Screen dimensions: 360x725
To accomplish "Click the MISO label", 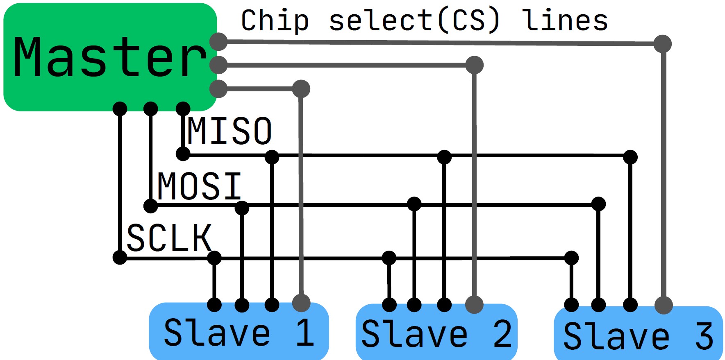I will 230,131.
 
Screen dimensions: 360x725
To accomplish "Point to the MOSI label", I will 200,186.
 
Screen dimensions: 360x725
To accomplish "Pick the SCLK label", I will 169,238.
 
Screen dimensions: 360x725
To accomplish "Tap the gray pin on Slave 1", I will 301,303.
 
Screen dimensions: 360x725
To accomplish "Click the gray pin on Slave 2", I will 474,305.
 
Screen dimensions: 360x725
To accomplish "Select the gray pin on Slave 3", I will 664,305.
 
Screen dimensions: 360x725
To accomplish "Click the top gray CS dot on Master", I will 218,41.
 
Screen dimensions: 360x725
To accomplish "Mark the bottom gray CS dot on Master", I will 218,89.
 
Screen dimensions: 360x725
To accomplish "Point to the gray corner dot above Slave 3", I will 662,44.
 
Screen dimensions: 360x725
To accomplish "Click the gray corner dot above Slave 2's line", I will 475,65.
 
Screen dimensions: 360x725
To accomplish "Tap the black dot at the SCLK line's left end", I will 120,258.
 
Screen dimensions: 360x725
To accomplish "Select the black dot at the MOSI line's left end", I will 151,206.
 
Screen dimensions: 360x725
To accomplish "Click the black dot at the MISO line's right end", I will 630,157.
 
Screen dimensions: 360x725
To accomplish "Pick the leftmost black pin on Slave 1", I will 214,305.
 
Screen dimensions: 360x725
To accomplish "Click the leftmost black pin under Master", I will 120,109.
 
